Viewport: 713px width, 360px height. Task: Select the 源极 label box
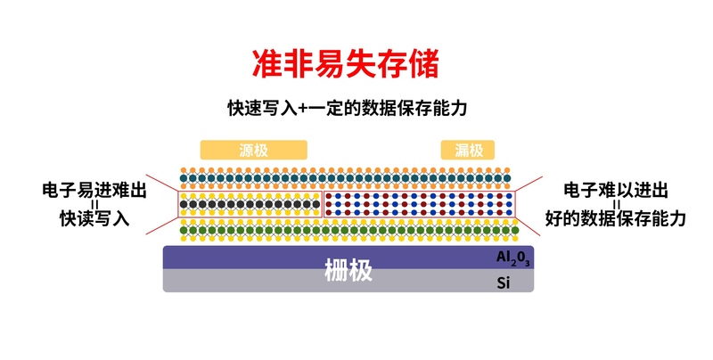coord(253,150)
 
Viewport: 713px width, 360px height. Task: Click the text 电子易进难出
coord(94,190)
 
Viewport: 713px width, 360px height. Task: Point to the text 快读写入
coord(94,218)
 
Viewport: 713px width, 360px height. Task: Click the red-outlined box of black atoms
coord(250,204)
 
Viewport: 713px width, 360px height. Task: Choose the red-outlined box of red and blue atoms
coord(418,204)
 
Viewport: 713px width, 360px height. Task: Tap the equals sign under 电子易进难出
coord(94,204)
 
